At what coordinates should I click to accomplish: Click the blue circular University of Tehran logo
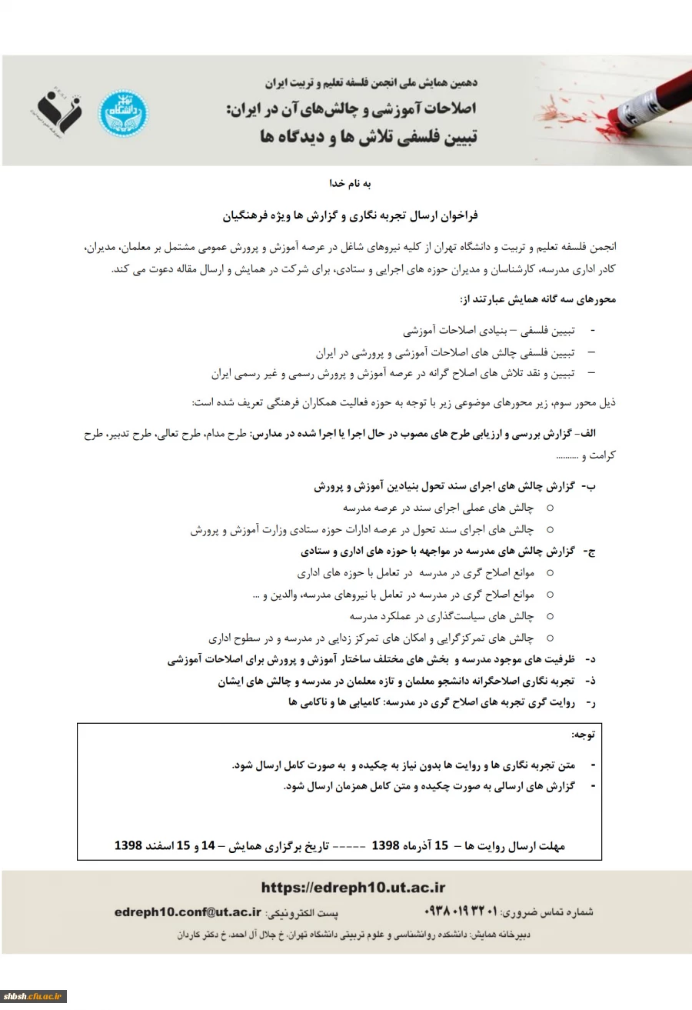124,112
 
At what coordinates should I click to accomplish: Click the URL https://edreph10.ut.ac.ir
353,888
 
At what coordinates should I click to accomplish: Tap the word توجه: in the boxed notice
582,735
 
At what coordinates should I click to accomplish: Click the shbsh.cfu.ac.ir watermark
33,996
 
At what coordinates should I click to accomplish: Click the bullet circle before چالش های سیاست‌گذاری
550,616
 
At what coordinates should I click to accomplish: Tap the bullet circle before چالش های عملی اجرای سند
550,508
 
